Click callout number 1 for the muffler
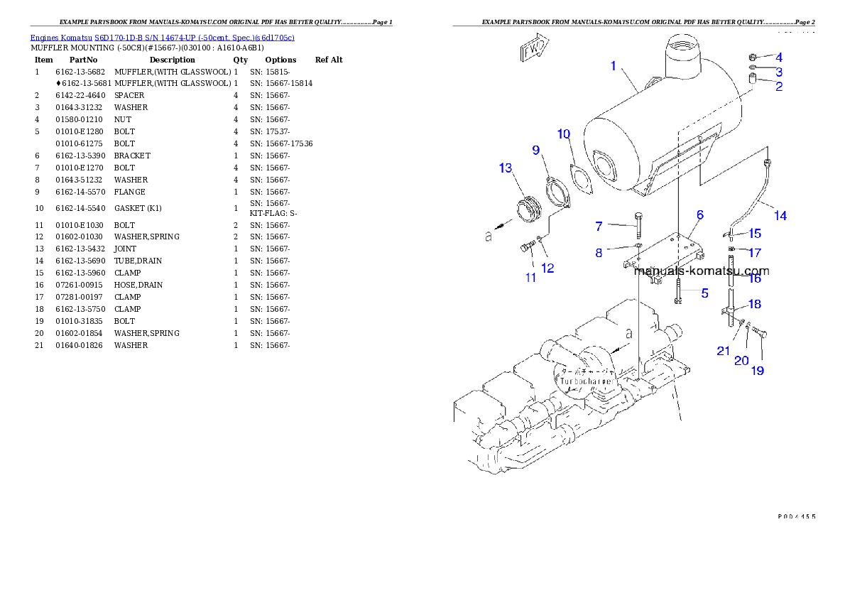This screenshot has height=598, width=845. (x=613, y=66)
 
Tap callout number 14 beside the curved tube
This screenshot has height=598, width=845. (x=780, y=216)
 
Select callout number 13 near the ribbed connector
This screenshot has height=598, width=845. (x=505, y=168)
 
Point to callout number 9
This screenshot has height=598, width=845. (x=536, y=150)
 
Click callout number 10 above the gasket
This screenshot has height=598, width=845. (x=563, y=134)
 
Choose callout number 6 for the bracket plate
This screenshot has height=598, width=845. (x=699, y=214)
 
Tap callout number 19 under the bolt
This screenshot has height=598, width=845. (x=758, y=371)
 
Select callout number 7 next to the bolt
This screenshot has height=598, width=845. (x=599, y=227)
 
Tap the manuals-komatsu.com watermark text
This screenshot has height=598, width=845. (x=701, y=271)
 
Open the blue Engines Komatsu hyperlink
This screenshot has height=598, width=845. (x=162, y=37)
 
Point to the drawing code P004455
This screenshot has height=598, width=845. (x=795, y=516)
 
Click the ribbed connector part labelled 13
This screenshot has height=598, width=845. (x=528, y=210)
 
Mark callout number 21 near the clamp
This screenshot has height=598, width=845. (x=723, y=351)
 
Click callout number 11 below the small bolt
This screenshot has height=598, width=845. (x=530, y=278)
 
